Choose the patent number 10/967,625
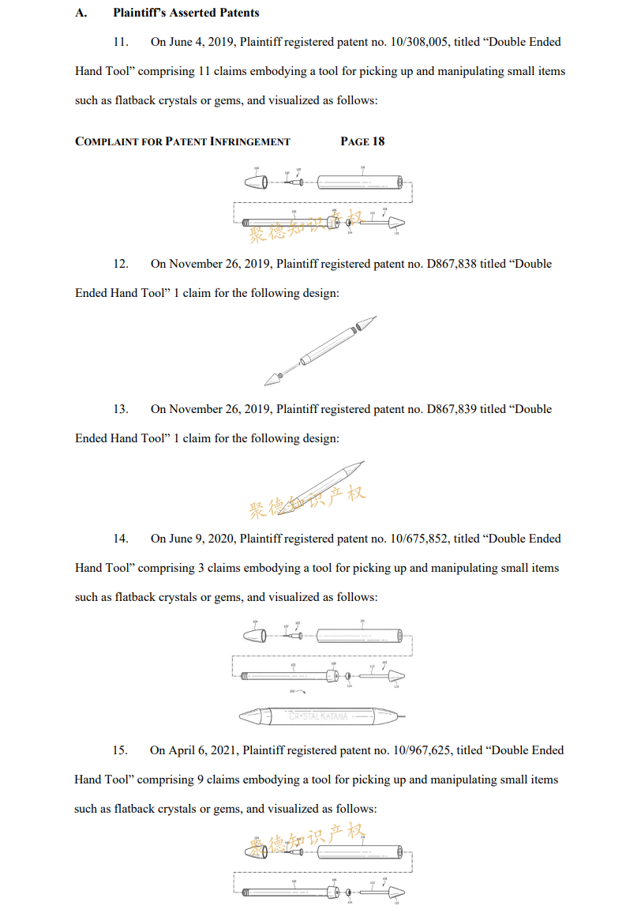[x=429, y=750]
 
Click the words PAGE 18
[x=362, y=141]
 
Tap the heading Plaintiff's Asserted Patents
[x=186, y=13]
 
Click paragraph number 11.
[x=121, y=42]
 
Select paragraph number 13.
[x=121, y=409]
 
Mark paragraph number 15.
[x=121, y=750]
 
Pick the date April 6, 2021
[x=203, y=750]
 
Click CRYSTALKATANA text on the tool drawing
[x=320, y=716]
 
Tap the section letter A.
[x=80, y=13]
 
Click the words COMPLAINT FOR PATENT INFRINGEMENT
[x=182, y=141]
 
